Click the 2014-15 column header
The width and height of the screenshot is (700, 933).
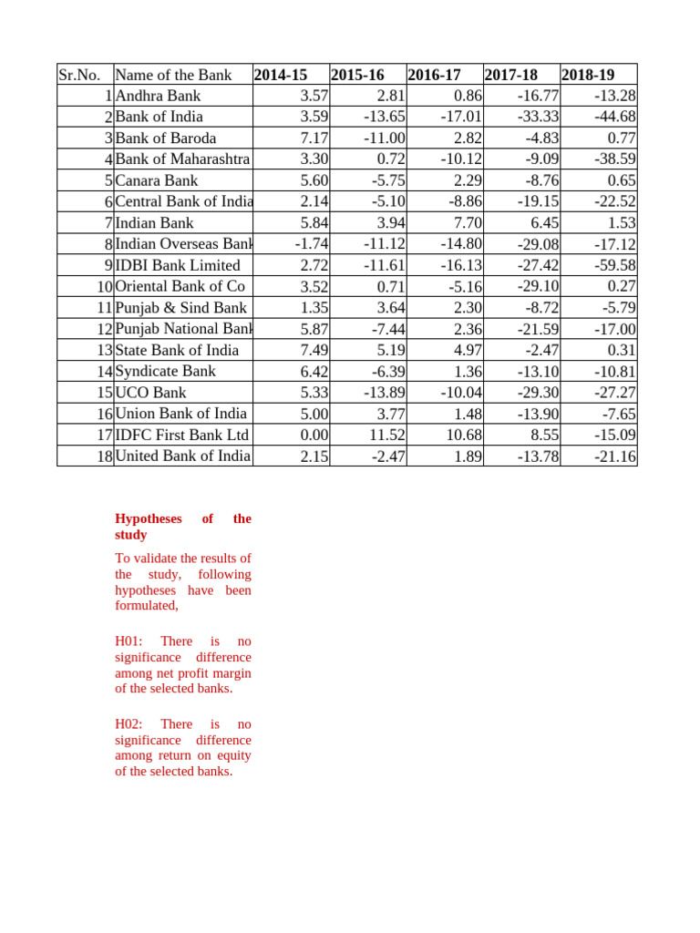pyautogui.click(x=281, y=75)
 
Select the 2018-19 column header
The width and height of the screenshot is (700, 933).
pyautogui.click(x=588, y=75)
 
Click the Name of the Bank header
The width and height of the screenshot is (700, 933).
pyautogui.click(x=174, y=75)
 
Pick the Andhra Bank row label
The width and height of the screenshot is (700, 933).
pyautogui.click(x=159, y=96)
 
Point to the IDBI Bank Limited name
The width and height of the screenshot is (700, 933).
pyautogui.click(x=178, y=265)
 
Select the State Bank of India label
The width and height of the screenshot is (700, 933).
pyautogui.click(x=177, y=350)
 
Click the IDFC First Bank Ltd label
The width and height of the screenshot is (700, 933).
pyautogui.click(x=182, y=435)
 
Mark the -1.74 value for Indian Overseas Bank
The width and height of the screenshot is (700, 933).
pyautogui.click(x=311, y=244)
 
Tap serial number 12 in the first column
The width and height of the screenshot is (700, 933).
pyautogui.click(x=104, y=329)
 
